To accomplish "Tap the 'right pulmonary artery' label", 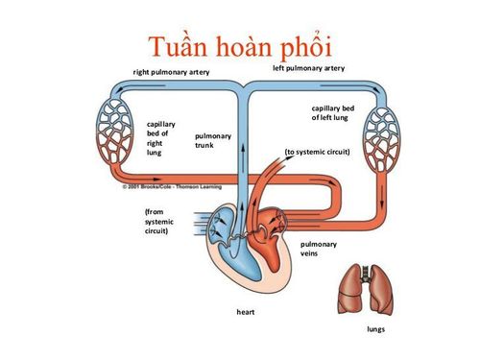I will [x=172, y=73].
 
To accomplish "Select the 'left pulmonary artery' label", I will [x=308, y=68].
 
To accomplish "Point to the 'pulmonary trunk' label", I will [x=210, y=140].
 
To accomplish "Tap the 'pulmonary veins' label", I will [x=318, y=251].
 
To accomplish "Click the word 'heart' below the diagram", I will [x=247, y=312].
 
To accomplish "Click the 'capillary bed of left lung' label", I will [x=332, y=113].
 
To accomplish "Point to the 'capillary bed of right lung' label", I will [x=161, y=137].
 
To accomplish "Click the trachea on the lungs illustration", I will [x=363, y=273].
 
